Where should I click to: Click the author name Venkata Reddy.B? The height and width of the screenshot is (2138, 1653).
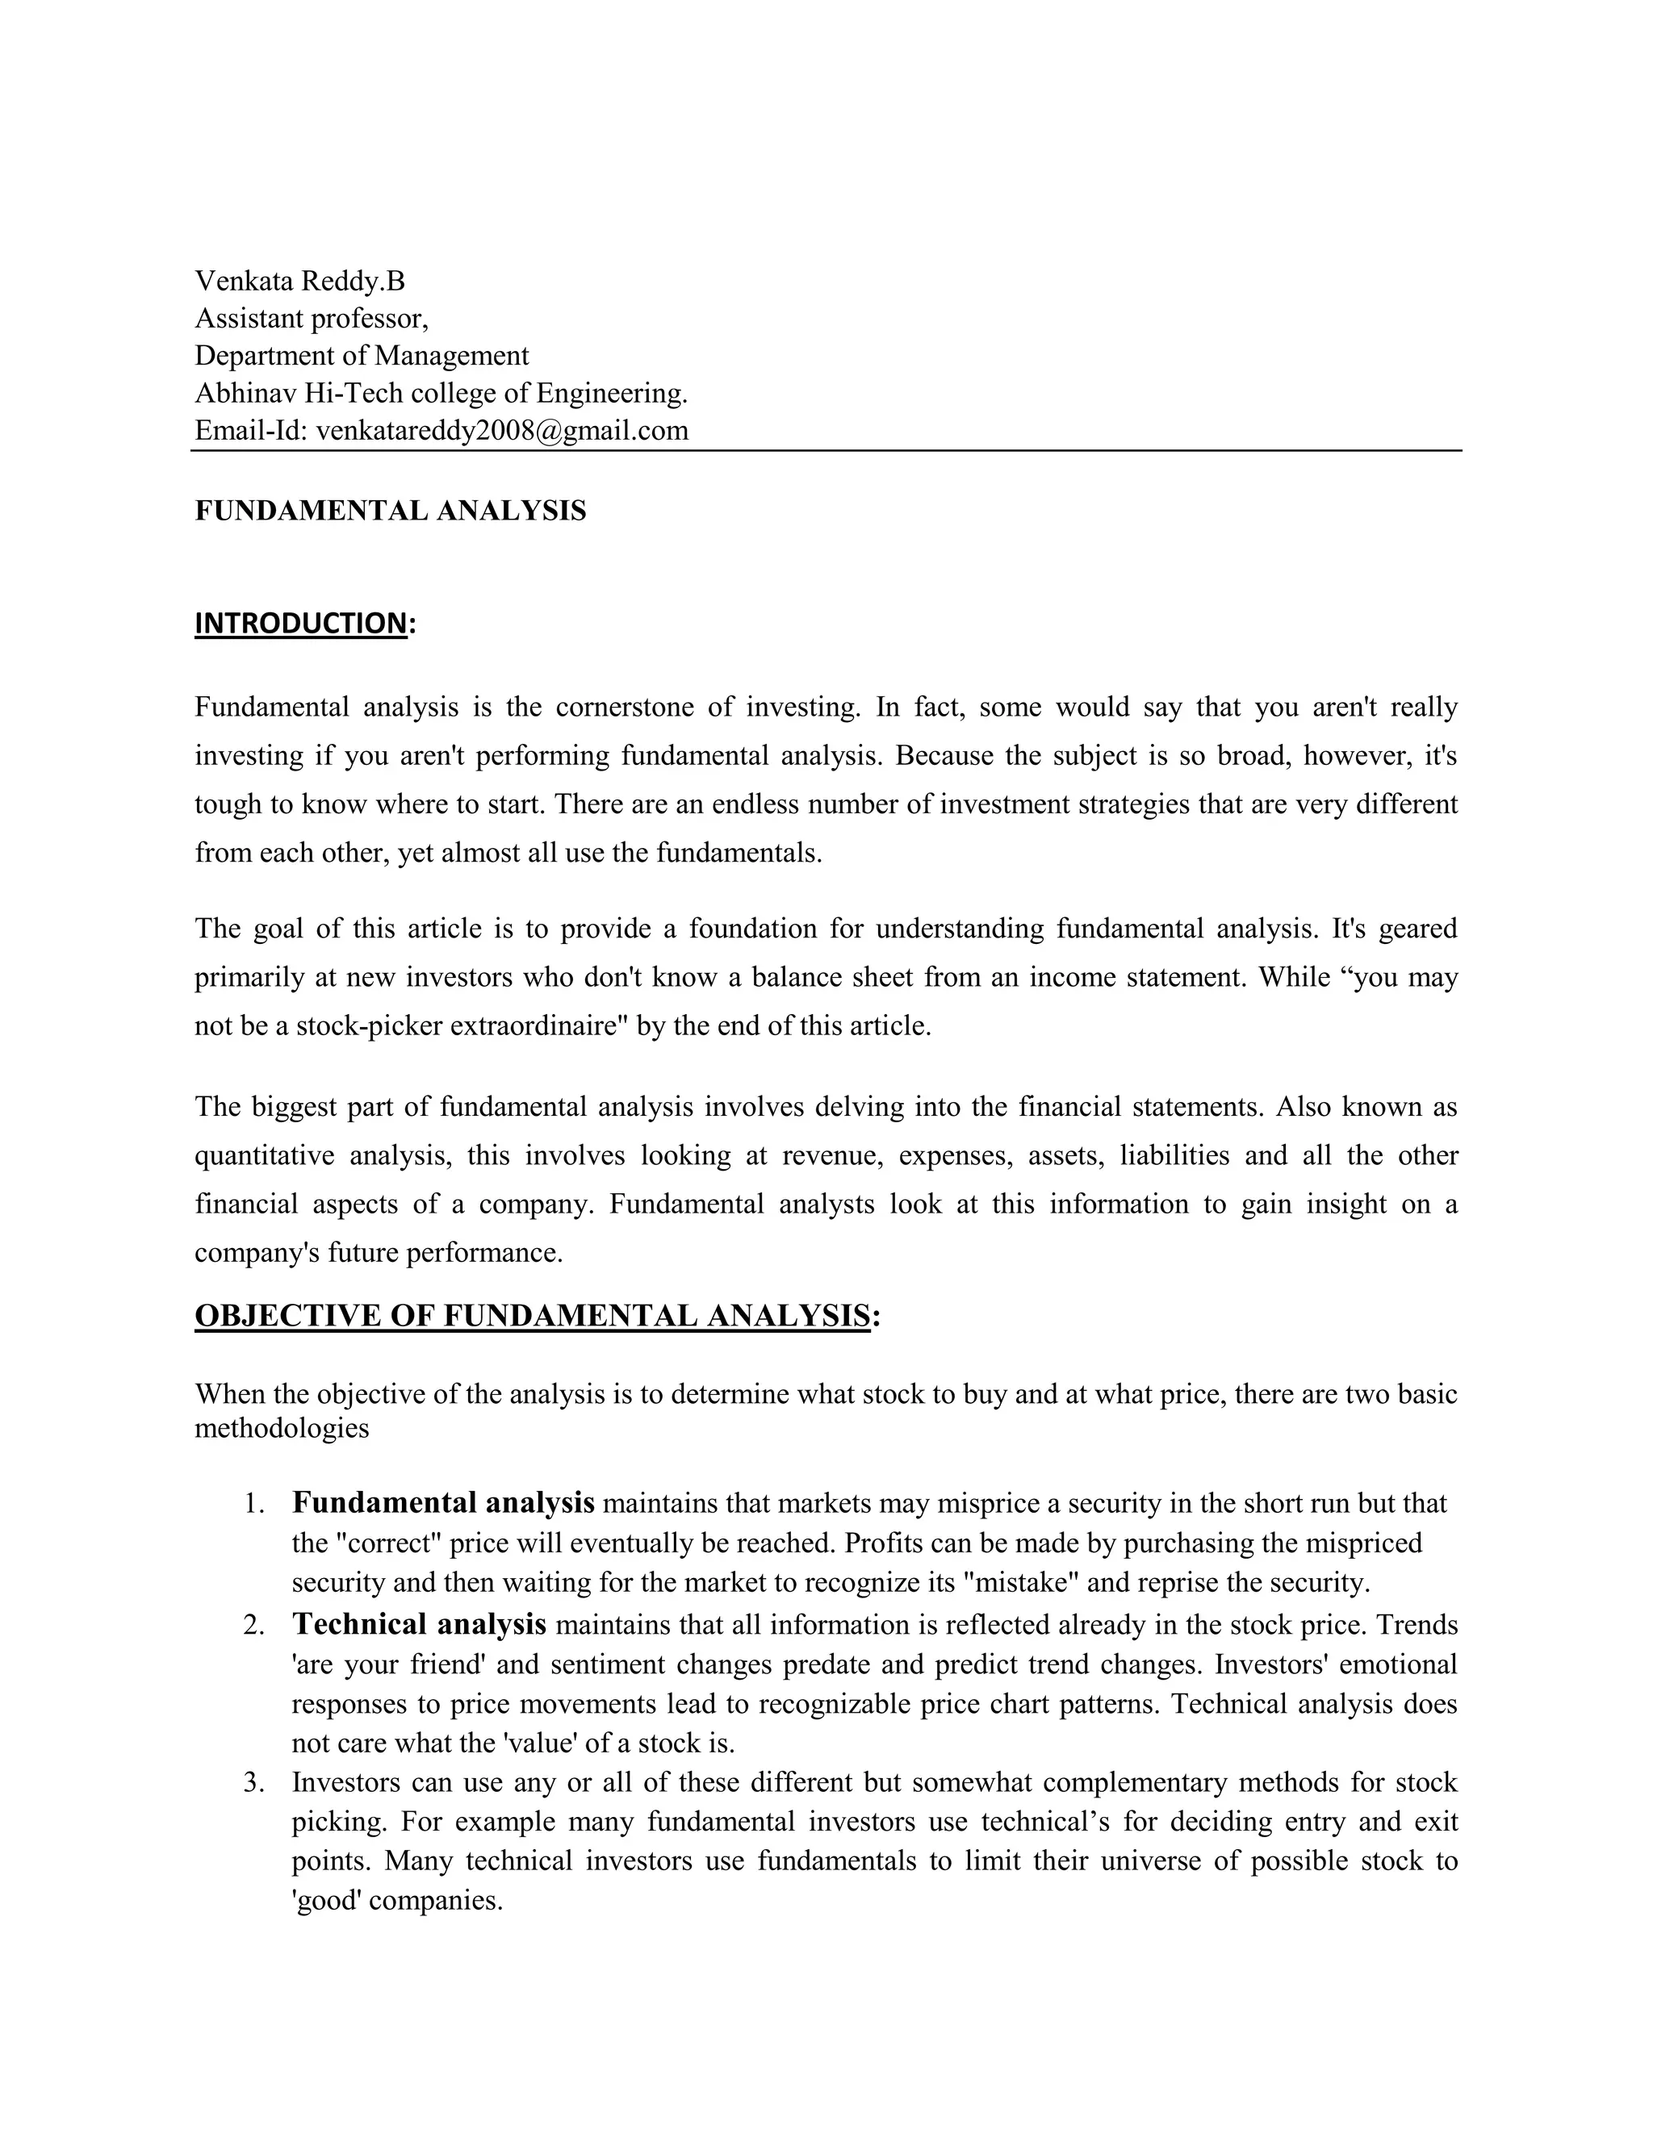[x=299, y=282]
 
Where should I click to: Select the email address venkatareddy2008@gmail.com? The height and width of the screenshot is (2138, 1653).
[x=502, y=431]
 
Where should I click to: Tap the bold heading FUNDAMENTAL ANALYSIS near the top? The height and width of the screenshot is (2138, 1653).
[x=390, y=511]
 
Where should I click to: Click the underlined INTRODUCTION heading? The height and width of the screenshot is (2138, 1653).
[x=300, y=624]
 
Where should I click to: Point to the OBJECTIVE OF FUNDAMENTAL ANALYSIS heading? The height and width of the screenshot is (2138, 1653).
[x=532, y=1316]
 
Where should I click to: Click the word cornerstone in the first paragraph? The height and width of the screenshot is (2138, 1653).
[x=624, y=707]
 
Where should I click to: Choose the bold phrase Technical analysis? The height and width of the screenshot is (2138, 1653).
[x=419, y=1625]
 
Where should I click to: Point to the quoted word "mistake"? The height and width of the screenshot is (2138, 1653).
[x=1021, y=1583]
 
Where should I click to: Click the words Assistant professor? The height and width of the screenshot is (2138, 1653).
[x=312, y=319]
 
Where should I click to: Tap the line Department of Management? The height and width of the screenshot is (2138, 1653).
[x=362, y=357]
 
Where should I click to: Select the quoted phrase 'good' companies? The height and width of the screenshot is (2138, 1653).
[x=396, y=1901]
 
